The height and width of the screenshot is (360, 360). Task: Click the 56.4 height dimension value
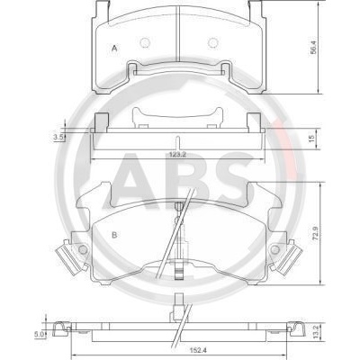coord(313,48)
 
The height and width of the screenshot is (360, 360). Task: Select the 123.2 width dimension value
coord(178,154)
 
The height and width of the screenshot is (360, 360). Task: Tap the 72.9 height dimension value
coord(316,233)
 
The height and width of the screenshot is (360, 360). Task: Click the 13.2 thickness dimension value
coord(316,332)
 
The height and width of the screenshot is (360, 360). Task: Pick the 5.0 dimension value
coord(40,334)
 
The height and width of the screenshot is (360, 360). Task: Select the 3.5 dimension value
coord(58,138)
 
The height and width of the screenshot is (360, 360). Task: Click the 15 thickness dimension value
coord(311,139)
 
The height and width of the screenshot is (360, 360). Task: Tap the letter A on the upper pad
coord(114,48)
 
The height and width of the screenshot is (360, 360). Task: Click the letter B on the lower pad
coord(114,235)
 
